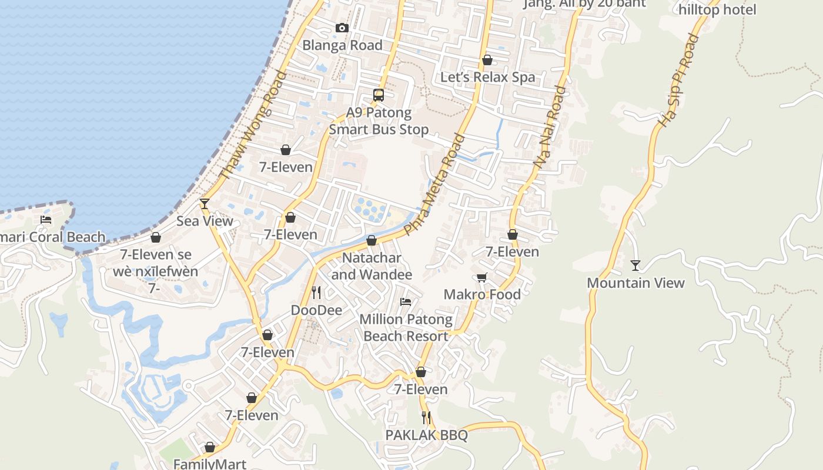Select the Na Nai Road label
click(550, 127)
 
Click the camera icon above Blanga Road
click(342, 28)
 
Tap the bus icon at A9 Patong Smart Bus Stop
click(379, 95)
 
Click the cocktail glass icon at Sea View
click(205, 204)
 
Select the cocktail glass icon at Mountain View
click(635, 266)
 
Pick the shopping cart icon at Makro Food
click(481, 277)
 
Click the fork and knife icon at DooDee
click(316, 292)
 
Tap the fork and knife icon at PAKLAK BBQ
click(426, 418)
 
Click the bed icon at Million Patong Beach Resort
click(406, 302)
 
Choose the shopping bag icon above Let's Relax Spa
click(487, 60)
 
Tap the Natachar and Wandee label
click(372, 266)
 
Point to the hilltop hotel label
click(717, 9)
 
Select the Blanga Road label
click(342, 45)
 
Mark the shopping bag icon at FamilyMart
click(209, 447)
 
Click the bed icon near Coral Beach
click(46, 220)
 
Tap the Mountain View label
click(635, 283)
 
